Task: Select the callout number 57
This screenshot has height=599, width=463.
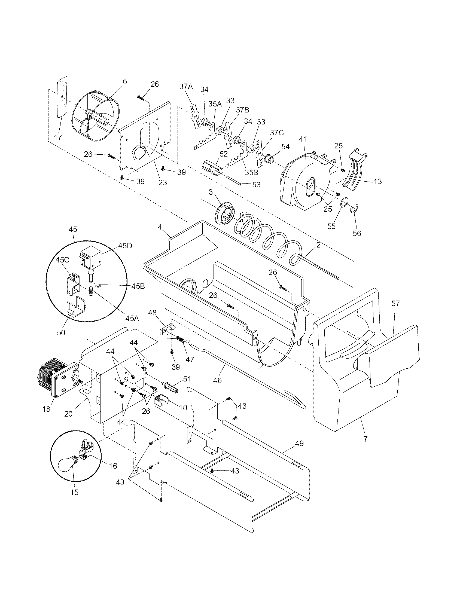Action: (395, 304)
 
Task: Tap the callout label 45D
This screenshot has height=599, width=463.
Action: (125, 246)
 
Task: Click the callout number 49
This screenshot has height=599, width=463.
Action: (300, 444)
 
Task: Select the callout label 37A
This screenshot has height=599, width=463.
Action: (186, 87)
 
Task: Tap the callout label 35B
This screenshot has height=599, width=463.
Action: (252, 173)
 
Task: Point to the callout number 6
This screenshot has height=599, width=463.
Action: (125, 81)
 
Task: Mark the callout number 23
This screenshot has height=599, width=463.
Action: (163, 182)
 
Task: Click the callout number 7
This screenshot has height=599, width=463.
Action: (365, 439)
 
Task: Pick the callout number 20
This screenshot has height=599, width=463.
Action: (68, 414)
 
